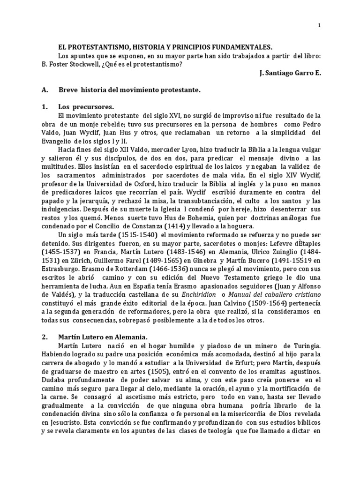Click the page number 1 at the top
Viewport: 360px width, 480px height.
coord(319,26)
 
